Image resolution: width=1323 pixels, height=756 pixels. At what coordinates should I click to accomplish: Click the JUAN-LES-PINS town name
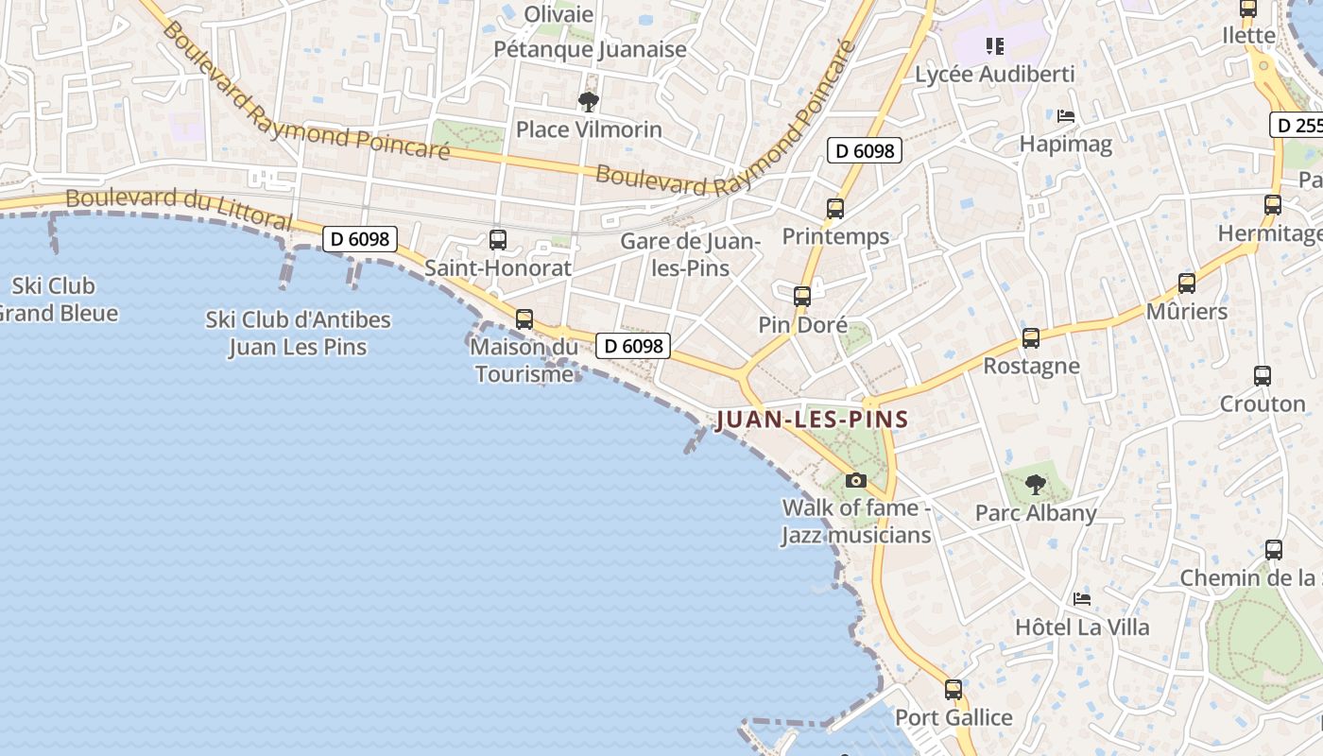click(x=812, y=420)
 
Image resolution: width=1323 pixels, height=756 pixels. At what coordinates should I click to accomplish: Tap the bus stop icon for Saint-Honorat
click(x=498, y=240)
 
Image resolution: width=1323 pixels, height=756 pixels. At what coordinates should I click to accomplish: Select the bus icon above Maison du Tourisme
click(x=524, y=319)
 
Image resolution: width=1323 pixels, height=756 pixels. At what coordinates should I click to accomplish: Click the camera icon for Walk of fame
click(x=856, y=480)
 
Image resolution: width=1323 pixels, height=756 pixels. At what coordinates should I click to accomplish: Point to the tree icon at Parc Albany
click(x=1036, y=485)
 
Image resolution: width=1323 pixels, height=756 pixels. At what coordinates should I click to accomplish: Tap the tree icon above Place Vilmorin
click(x=589, y=101)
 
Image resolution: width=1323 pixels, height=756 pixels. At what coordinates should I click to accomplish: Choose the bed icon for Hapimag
click(x=1066, y=116)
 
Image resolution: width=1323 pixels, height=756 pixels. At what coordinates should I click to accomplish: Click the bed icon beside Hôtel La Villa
click(x=1082, y=599)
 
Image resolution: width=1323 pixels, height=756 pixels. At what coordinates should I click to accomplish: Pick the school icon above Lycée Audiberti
click(x=993, y=45)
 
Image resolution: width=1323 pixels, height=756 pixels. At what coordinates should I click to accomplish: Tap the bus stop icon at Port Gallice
click(x=954, y=690)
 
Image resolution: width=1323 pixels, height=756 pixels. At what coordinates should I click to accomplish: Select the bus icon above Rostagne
click(x=1031, y=337)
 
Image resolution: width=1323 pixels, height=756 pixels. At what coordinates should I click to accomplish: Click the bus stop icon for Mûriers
click(x=1186, y=283)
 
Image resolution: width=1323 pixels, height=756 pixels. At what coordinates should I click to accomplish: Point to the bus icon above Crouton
click(x=1262, y=375)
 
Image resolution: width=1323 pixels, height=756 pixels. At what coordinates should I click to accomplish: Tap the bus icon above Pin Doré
click(x=802, y=297)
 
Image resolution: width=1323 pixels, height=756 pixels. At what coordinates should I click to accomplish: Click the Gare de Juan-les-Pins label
click(x=691, y=255)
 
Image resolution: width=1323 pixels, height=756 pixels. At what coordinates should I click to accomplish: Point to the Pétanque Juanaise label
click(x=591, y=49)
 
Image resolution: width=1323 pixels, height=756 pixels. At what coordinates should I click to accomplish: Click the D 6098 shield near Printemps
click(x=865, y=150)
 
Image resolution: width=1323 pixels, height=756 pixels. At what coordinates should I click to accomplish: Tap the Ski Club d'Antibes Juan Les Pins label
click(x=298, y=333)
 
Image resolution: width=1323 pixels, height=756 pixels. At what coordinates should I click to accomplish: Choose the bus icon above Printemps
click(x=834, y=209)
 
